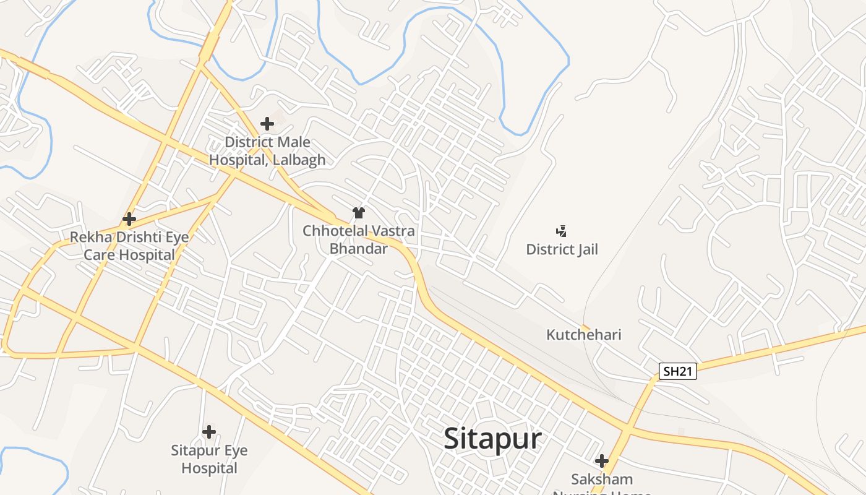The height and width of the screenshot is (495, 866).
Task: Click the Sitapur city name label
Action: point(492,439)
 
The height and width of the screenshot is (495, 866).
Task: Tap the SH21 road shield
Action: point(677,371)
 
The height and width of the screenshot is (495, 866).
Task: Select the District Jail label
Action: point(562,249)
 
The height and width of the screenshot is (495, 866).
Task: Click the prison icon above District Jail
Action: point(562,231)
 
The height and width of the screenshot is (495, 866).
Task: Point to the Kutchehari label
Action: point(583,335)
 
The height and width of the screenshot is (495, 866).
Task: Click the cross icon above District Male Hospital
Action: point(267,124)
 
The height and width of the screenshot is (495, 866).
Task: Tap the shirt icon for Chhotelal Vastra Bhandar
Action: point(359,213)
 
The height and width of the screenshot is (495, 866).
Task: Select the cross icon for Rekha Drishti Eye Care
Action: point(129,219)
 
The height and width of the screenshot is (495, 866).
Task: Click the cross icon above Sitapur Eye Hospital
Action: point(209,432)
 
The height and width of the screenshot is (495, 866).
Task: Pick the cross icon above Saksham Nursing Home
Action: point(602,461)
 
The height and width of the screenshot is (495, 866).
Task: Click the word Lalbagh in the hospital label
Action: point(298,160)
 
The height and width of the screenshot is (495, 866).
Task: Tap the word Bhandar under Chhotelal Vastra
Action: point(358,249)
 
